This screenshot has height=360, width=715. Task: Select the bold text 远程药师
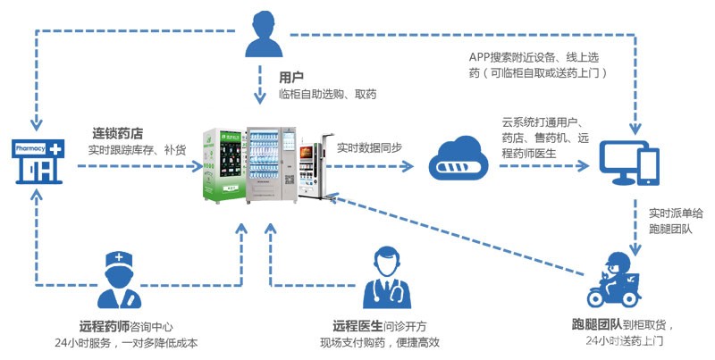[99, 325]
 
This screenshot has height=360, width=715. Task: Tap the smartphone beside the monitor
[651, 164]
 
